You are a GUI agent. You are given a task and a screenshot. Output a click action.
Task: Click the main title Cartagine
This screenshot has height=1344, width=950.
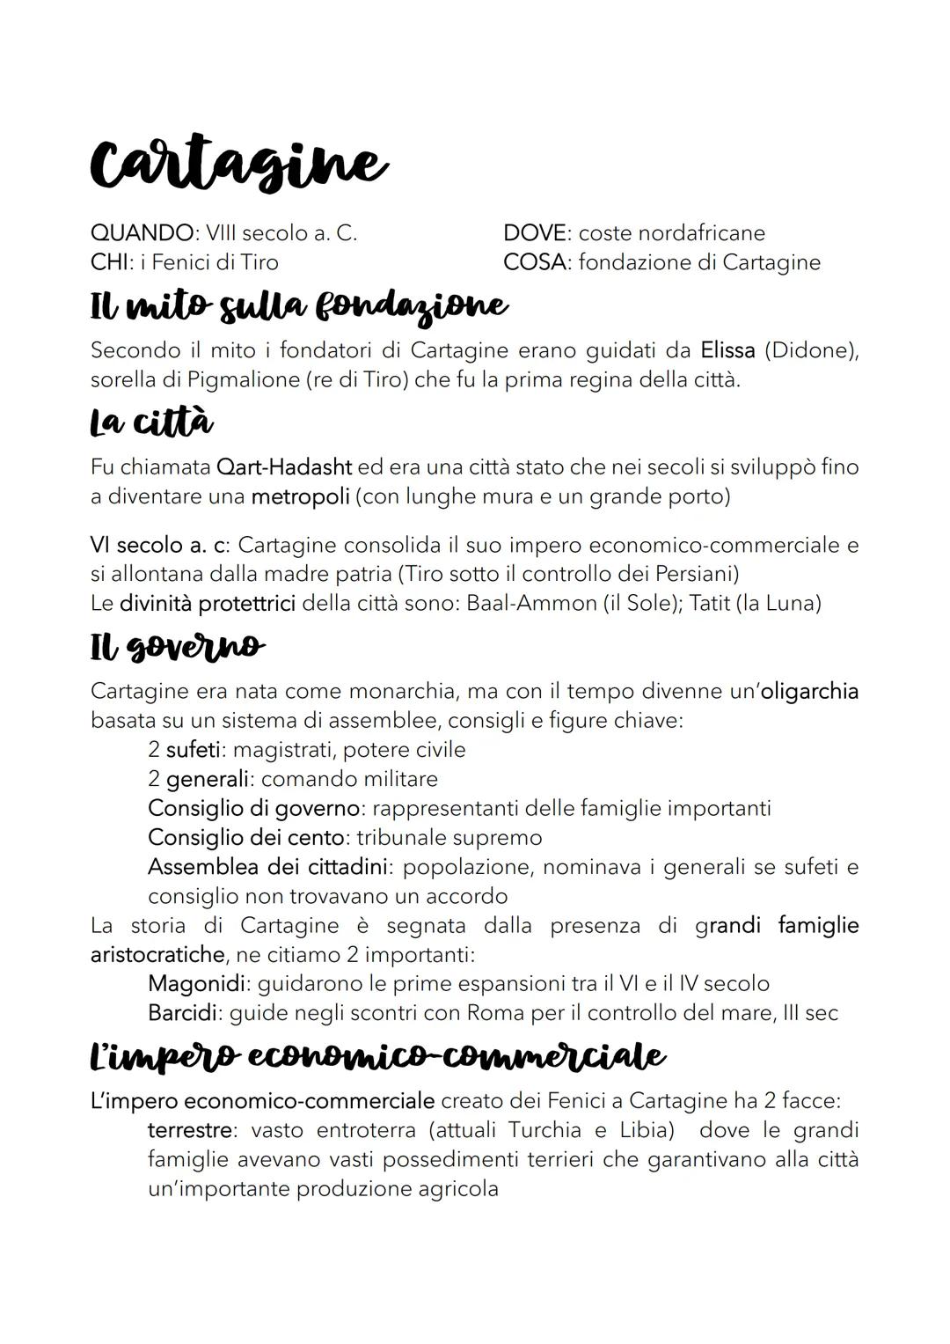237,165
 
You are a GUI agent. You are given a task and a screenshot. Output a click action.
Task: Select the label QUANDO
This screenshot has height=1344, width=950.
141,233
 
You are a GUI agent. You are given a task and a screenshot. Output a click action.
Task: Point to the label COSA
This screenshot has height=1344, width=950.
535,262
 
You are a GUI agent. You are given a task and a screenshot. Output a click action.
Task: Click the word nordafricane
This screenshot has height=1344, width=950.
701,233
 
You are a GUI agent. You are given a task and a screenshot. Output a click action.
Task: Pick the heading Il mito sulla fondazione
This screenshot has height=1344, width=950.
299,306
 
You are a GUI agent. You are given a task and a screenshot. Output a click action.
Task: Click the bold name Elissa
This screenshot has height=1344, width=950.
727,350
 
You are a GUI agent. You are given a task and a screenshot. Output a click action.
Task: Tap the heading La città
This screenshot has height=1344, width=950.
151,423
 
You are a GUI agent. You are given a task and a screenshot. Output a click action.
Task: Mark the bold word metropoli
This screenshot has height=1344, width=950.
300,496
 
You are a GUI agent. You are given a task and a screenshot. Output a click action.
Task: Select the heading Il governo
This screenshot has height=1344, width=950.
176,647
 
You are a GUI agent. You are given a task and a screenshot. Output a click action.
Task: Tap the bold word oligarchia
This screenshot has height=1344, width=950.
809,691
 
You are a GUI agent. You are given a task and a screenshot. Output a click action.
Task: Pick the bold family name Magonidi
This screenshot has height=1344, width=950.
198,983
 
